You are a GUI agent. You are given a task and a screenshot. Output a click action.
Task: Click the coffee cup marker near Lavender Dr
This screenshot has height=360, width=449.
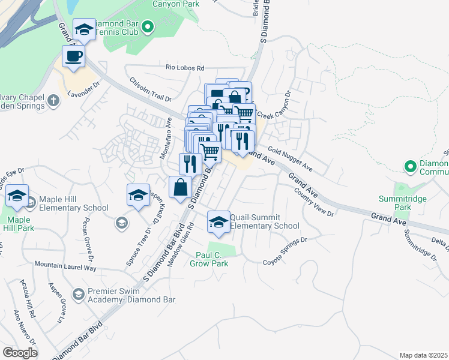pyautogui.click(x=73, y=57)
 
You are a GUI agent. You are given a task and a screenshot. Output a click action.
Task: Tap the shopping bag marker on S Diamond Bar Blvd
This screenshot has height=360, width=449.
pyautogui.click(x=180, y=188)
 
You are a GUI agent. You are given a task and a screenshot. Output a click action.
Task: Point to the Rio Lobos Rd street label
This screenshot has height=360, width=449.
pyautogui.click(x=185, y=68)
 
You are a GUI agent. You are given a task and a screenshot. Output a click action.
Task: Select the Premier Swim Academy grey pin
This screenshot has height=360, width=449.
pyautogui.click(x=78, y=294)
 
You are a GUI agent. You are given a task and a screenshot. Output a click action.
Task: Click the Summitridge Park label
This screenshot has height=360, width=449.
pyautogui.click(x=394, y=203)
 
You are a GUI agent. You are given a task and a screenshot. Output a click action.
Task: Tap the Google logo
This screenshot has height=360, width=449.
pyautogui.click(x=20, y=353)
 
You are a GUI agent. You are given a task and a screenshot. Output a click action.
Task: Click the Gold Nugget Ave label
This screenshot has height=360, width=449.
pyautogui.click(x=291, y=157)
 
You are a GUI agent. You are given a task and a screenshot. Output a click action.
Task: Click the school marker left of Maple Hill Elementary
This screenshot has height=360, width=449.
pyautogui.click(x=17, y=196)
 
